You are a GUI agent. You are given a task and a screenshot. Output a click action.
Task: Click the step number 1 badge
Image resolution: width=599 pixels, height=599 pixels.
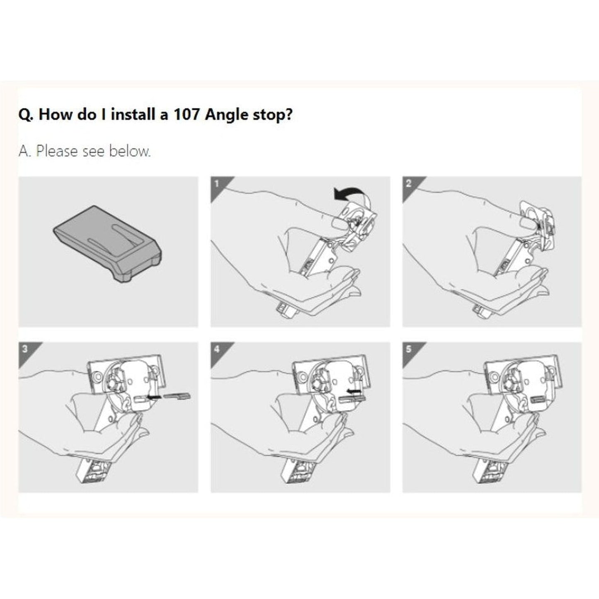tap(217, 183)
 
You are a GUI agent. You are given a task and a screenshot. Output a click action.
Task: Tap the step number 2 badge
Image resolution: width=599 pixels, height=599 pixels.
tap(409, 183)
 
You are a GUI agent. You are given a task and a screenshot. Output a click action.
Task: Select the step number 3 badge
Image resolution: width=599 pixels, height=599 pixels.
tap(25, 349)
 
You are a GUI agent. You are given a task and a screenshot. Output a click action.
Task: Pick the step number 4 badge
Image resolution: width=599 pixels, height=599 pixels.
tap(217, 349)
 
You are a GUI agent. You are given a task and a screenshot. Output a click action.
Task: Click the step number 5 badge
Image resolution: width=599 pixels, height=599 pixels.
tap(409, 349)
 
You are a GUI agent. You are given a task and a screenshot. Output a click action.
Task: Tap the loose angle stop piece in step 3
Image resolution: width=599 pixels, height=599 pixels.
tap(177, 396)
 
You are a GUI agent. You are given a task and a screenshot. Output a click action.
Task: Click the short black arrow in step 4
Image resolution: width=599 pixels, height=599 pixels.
tap(353, 391)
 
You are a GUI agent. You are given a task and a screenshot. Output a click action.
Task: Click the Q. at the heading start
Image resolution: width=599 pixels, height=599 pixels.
tap(26, 114)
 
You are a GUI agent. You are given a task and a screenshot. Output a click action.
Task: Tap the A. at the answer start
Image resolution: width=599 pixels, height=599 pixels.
tap(24, 151)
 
